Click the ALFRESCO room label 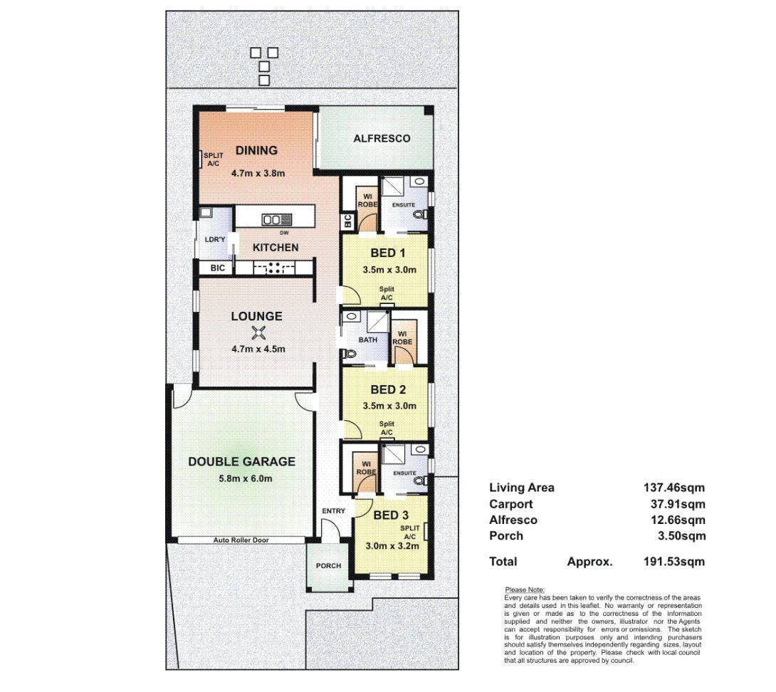382,139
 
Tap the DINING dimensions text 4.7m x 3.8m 258,173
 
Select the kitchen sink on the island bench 277,220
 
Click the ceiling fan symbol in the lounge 257,333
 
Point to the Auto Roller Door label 241,540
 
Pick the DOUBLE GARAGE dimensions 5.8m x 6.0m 246,478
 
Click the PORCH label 329,566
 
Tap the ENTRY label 334,511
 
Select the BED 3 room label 391,515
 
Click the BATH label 367,340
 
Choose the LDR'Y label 215,240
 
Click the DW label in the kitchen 284,233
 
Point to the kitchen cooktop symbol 274,268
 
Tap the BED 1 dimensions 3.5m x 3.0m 389,270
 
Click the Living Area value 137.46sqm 674,488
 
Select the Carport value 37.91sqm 678,504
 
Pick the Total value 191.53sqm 674,562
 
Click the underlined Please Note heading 525,589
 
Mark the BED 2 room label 388,389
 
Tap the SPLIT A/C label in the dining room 214,159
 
